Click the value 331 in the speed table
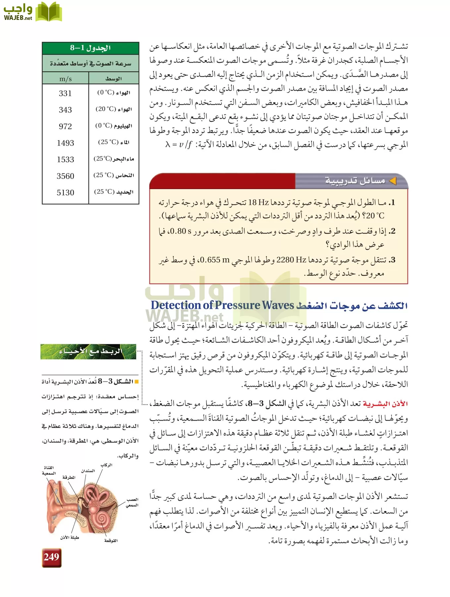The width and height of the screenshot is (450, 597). (65, 93)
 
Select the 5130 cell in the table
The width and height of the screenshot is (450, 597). (65, 193)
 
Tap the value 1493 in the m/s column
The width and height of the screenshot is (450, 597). (65, 143)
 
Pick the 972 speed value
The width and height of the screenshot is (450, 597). (65, 126)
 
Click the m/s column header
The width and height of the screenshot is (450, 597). (65, 79)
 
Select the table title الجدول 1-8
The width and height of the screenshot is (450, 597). (90, 48)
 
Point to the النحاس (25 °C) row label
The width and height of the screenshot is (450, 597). (114, 175)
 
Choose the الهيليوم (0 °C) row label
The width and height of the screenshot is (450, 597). (114, 126)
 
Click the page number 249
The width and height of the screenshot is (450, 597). (51, 557)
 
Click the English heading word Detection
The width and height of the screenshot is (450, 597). (175, 305)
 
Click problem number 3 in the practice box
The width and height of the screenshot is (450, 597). (393, 260)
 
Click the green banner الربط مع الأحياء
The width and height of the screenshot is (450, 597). (88, 352)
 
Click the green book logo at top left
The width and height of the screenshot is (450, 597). (49, 12)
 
